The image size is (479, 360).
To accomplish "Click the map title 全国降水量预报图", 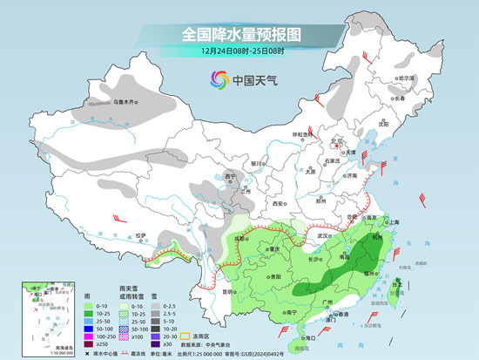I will point(240,35).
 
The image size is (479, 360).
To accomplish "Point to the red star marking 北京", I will point(340,142).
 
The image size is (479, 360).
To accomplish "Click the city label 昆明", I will point(227,291).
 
